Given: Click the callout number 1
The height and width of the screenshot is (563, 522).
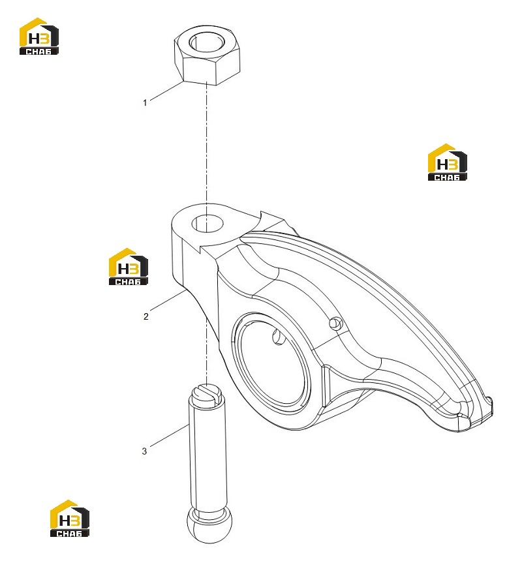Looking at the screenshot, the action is (x=145, y=102).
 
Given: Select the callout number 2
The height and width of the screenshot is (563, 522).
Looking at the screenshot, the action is (x=146, y=316).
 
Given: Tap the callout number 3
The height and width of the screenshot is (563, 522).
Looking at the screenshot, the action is (x=144, y=451).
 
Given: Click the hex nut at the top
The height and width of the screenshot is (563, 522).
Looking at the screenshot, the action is (x=207, y=55).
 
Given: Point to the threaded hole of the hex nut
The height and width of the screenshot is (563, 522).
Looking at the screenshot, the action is (x=207, y=42).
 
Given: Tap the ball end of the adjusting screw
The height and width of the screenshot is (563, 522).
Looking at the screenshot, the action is (x=209, y=525).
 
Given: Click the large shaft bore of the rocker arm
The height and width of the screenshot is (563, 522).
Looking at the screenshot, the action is (x=272, y=363).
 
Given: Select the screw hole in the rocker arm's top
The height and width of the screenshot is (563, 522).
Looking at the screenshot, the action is (x=207, y=224).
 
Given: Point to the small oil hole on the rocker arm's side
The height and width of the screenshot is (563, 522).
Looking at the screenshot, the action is (x=336, y=324).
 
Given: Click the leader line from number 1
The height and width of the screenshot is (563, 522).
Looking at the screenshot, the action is (x=166, y=91).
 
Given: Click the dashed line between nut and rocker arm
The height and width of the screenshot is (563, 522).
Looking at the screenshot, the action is (x=207, y=143).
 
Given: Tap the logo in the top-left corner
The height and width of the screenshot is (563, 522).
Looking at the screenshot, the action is (x=38, y=37).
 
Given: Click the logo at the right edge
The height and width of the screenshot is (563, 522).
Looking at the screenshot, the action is (x=448, y=162).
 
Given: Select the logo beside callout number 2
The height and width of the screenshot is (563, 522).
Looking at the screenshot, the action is (x=129, y=266).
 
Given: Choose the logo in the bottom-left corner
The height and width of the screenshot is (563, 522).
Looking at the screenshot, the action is (x=70, y=519).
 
